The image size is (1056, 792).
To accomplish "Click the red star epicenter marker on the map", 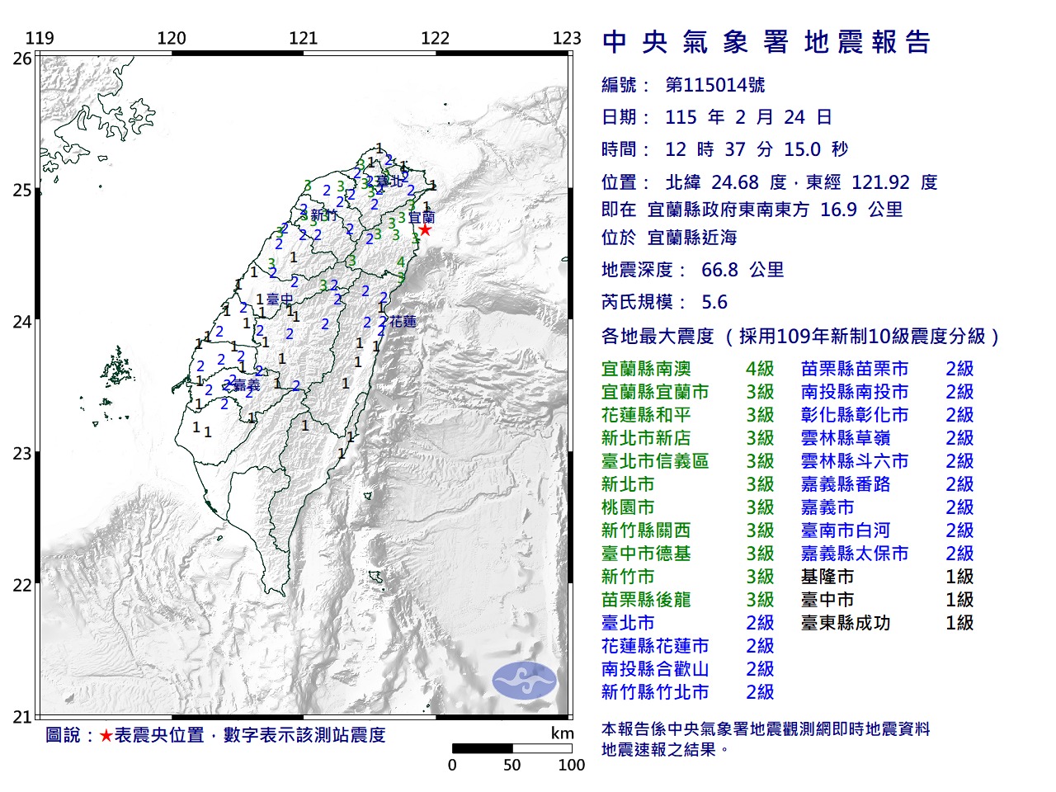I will (x=424, y=229).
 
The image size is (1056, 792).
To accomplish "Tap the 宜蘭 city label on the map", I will (x=422, y=218).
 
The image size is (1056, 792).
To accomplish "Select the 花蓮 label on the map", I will (x=403, y=321).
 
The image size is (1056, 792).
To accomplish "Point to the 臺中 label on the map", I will (x=280, y=300).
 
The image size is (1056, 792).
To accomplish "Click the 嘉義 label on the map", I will (x=245, y=385).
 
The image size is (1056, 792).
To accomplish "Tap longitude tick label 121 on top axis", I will (x=304, y=38).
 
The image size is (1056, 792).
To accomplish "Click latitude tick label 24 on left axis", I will (x=22, y=322).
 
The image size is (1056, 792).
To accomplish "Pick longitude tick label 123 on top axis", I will (x=567, y=38).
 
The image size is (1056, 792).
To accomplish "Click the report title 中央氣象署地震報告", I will (x=766, y=42).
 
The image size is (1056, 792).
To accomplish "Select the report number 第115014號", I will (x=715, y=85).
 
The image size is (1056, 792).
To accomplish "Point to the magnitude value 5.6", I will (x=714, y=302).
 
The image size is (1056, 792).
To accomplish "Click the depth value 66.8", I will (x=720, y=270).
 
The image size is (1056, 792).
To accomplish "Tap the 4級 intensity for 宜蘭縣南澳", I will (x=760, y=369).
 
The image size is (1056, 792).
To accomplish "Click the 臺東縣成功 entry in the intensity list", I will (x=846, y=623).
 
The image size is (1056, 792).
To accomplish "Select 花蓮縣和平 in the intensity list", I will (x=646, y=415).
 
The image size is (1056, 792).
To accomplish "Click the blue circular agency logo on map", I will (x=525, y=681).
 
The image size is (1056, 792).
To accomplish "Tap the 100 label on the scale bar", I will (x=571, y=765).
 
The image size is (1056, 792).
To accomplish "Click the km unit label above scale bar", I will (x=562, y=733).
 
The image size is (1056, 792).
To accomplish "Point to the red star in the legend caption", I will (x=106, y=735).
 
